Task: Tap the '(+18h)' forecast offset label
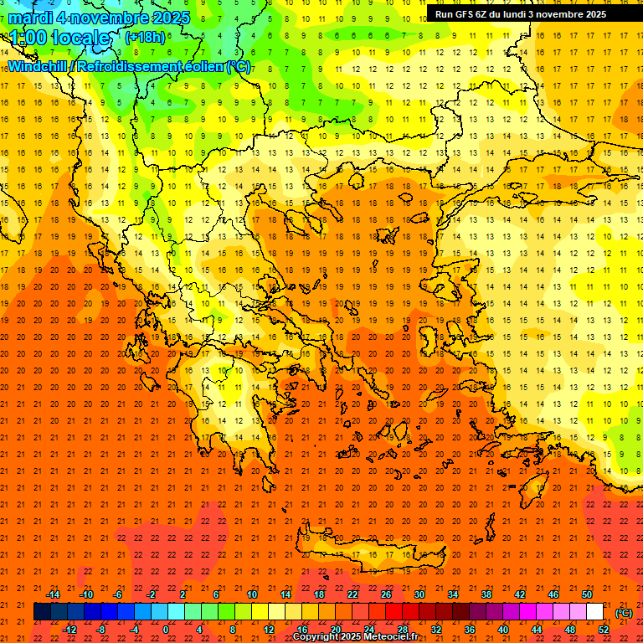145,37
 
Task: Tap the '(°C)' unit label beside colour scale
624,613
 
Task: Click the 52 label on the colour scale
604,630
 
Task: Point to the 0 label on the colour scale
166,630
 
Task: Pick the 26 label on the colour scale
386,594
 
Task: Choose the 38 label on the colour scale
486,594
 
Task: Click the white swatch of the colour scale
595,612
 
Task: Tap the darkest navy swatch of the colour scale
43,612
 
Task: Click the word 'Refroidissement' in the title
135,66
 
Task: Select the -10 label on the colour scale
86,594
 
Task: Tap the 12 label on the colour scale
269,630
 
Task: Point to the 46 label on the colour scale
553,594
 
